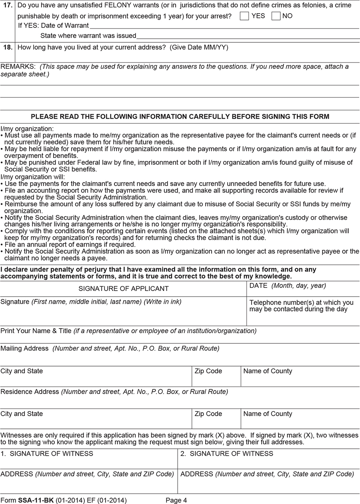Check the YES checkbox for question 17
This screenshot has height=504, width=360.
[x=244, y=16]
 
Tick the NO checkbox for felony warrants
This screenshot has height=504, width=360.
[x=276, y=16]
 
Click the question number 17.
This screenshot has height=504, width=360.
[x=8, y=6]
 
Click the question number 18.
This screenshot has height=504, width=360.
[x=8, y=47]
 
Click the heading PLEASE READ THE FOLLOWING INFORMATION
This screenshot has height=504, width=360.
[x=180, y=117]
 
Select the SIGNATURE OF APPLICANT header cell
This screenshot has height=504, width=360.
[x=123, y=289]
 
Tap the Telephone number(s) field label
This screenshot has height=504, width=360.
[x=301, y=306]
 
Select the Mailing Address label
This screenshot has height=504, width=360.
[x=24, y=349]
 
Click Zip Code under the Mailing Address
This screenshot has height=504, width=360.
[x=208, y=371]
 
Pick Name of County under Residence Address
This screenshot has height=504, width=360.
[x=268, y=414]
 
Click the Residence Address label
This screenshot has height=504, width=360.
[x=30, y=392]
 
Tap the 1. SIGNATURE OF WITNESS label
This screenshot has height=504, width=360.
[x=47, y=454]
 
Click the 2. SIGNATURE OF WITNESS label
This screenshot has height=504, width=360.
[x=227, y=454]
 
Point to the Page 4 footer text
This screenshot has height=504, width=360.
[x=176, y=500]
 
